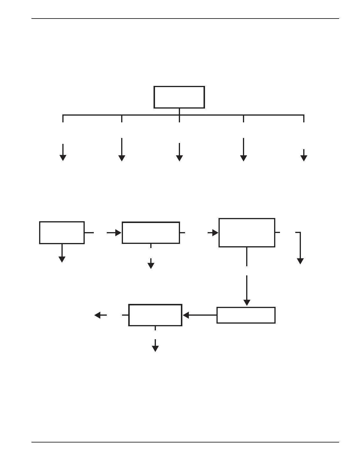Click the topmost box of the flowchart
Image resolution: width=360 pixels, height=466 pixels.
coord(179,97)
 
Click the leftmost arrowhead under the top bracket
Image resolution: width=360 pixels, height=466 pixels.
coord(63,158)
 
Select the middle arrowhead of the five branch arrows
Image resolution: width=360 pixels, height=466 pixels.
coord(179,158)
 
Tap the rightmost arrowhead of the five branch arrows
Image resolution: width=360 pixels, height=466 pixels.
coord(304,158)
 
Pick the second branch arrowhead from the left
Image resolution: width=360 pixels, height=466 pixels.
coord(122,158)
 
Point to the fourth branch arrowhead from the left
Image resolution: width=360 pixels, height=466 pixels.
coord(244,158)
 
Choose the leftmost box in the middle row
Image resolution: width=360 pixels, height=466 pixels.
coord(62,233)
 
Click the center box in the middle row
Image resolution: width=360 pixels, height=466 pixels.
coord(151,233)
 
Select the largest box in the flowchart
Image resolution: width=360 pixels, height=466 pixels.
coord(247,233)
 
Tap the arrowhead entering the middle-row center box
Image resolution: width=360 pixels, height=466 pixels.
coord(118,233)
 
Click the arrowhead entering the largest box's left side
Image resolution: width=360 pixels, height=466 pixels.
coord(215,233)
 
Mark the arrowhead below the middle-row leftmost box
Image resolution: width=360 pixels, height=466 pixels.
coord(62,259)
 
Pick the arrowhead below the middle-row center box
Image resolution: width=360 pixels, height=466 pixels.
coord(151,266)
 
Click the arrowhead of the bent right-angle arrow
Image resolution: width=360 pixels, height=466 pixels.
coord(300,261)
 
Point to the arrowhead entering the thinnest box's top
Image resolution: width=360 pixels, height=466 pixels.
coord(247,303)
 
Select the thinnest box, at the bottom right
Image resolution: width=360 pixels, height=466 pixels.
coord(246,315)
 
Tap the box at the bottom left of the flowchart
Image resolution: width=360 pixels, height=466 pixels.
coord(155,315)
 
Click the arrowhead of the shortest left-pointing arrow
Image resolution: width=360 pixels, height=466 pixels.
coord(98,315)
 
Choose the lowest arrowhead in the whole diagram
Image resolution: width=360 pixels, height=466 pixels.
coord(155,349)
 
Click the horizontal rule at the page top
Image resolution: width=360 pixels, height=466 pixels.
coord(185,19)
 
